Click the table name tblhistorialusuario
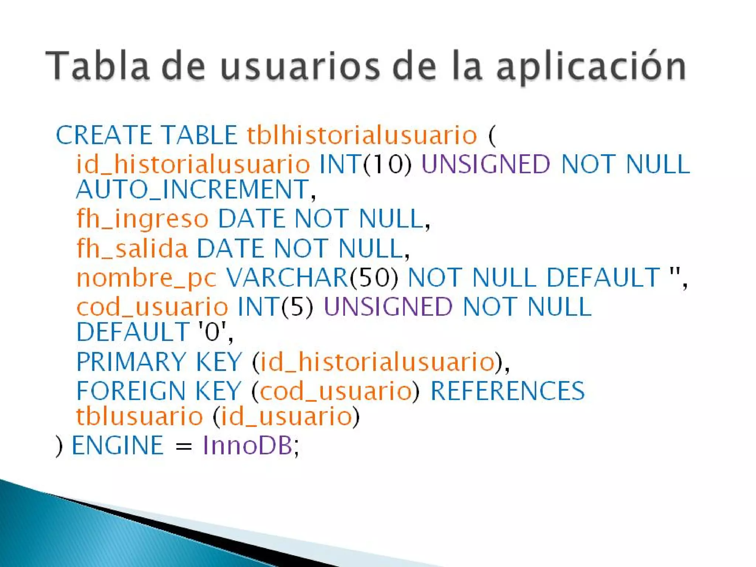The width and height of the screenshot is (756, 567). [x=362, y=135]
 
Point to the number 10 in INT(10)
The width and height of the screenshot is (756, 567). [x=387, y=164]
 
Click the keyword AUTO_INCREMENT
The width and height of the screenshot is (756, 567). [x=192, y=189]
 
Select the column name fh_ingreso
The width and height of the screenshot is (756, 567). [x=142, y=219]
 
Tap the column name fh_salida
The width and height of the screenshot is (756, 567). [x=132, y=248]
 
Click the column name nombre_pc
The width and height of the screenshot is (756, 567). [x=146, y=278]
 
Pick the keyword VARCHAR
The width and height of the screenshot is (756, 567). [x=287, y=278]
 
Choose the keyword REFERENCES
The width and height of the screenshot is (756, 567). [x=508, y=391]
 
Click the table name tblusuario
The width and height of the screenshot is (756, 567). [x=140, y=416]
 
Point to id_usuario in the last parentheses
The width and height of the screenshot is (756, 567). [x=286, y=416]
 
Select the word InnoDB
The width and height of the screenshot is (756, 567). [x=248, y=446]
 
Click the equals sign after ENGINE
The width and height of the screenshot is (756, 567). [x=183, y=447]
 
